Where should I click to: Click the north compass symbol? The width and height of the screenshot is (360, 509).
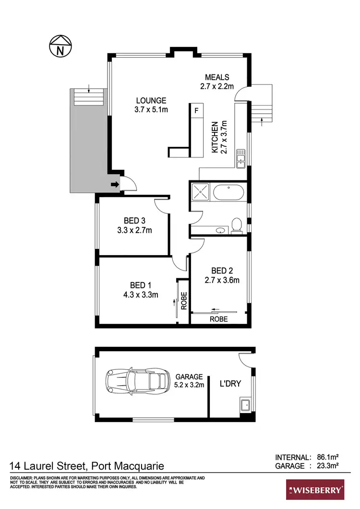click(x=60, y=46)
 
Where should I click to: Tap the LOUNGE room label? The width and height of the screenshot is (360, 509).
click(x=151, y=101)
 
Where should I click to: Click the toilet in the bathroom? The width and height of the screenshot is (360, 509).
click(x=237, y=225)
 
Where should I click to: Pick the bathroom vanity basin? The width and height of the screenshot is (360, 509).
click(x=220, y=230)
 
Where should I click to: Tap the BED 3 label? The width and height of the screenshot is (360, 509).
click(x=134, y=221)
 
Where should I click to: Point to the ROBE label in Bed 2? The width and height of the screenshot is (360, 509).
click(x=218, y=319)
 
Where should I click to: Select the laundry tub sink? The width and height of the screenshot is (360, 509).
click(x=245, y=404)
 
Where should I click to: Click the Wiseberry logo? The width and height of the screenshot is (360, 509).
click(x=315, y=490)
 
